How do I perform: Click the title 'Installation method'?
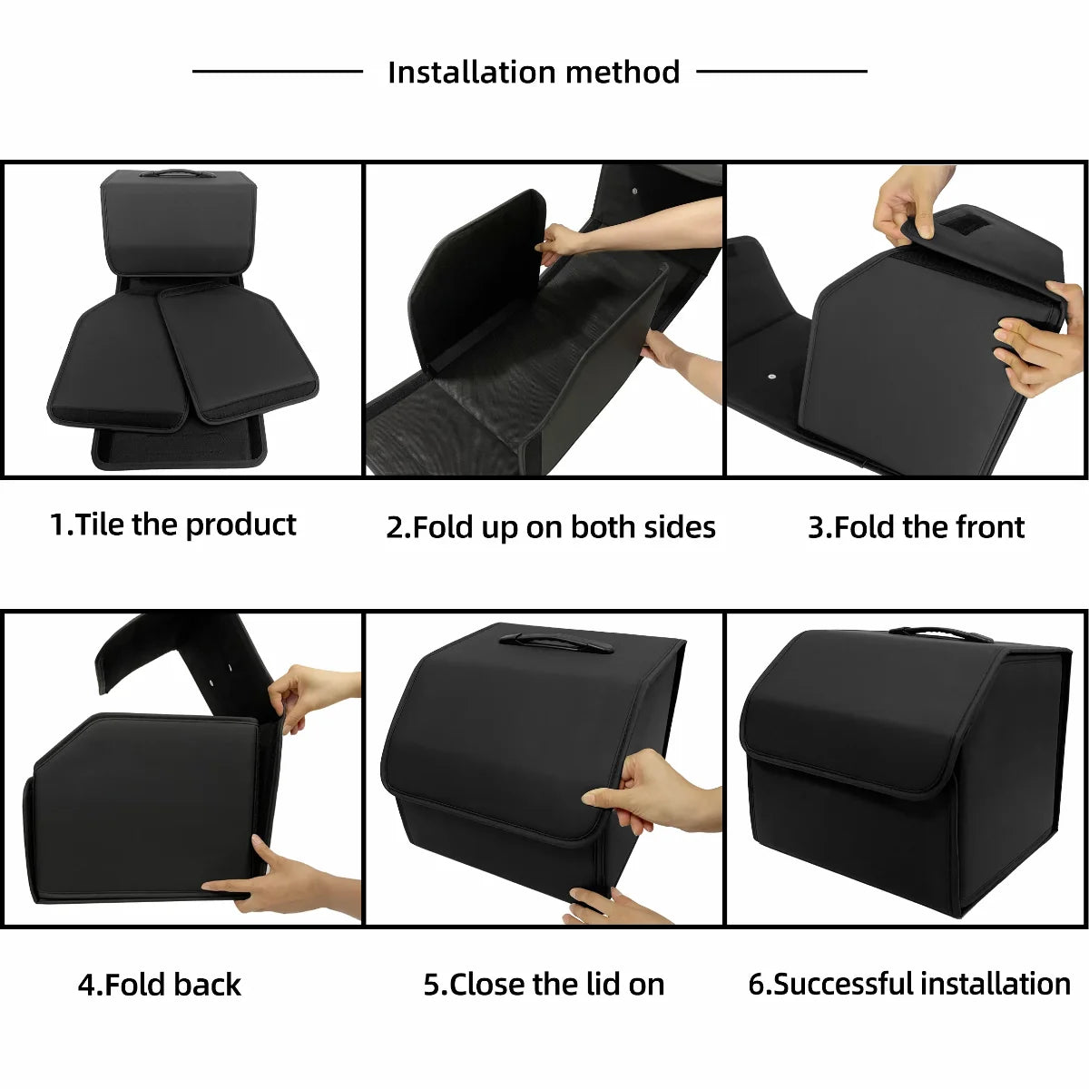(x=534, y=72)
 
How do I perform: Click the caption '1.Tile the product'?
(x=172, y=525)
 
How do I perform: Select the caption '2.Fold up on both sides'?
(x=551, y=527)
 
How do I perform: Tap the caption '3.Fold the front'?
(x=916, y=527)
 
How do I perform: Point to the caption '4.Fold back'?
(x=160, y=985)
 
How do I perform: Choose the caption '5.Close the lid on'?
(x=544, y=985)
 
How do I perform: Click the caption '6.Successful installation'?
(x=908, y=985)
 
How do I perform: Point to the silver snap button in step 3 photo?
(x=770, y=375)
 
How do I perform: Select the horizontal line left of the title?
(x=277, y=71)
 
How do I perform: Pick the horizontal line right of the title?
(x=781, y=71)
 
